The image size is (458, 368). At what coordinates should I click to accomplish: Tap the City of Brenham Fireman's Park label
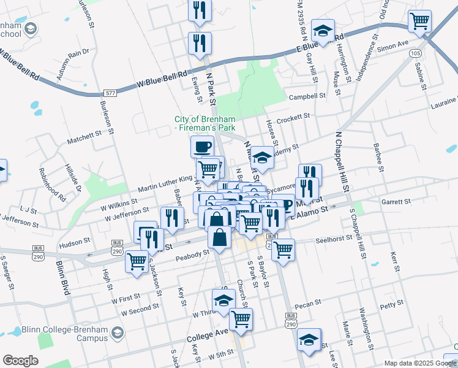(x=205, y=124)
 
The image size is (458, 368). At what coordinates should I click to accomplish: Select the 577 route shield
(x=110, y=93)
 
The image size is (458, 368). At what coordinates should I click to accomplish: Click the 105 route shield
(x=416, y=54)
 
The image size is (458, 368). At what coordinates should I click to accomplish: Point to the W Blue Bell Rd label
(x=162, y=79)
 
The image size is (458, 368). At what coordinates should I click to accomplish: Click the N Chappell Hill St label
(x=341, y=161)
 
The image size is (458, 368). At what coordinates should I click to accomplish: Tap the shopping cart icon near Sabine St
(x=420, y=21)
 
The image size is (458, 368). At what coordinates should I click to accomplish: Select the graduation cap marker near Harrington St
(x=323, y=30)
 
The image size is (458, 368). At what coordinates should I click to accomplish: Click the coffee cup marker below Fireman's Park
(x=202, y=147)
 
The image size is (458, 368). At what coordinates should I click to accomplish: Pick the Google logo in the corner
(x=20, y=361)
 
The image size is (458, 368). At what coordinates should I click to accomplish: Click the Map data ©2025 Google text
(x=419, y=363)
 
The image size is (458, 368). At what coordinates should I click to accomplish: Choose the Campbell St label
(x=307, y=96)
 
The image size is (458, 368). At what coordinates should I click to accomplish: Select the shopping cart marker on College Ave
(x=241, y=319)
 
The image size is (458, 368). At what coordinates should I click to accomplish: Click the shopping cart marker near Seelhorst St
(x=282, y=249)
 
